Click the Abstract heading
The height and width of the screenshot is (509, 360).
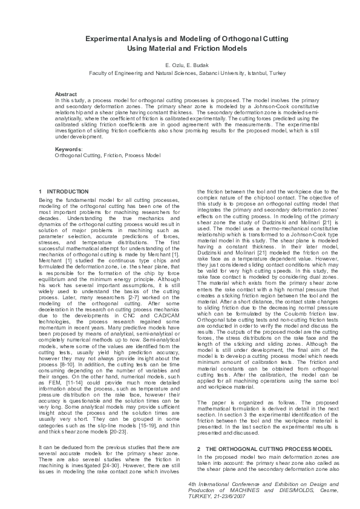click(x=66, y=94)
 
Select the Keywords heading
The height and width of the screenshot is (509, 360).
click(x=68, y=149)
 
